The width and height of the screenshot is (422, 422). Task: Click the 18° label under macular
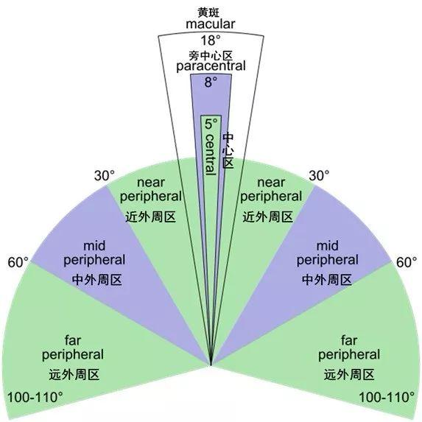coord(211,41)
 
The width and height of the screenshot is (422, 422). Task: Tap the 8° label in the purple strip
coord(211,82)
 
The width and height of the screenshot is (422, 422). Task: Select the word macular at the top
coord(211,24)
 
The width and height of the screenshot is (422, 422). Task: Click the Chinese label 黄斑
coord(208,13)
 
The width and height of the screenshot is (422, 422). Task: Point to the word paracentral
coord(211,66)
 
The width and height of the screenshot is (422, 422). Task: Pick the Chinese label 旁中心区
coord(210,56)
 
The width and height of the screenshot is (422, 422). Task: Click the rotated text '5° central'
coord(211,147)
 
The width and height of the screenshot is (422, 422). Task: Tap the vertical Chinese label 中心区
coord(228,150)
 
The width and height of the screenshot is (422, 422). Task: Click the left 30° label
coord(105,176)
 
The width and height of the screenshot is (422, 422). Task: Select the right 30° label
coord(319,176)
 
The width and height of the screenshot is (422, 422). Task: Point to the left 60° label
coord(18,262)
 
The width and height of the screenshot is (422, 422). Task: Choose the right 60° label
coord(407,262)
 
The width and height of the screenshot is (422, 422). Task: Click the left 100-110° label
coord(35,397)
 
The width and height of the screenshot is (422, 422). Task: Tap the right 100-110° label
coord(387,397)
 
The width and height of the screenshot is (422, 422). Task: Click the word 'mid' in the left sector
coord(94,246)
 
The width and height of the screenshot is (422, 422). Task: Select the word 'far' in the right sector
coord(349,340)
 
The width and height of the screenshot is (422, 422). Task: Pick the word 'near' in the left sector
coord(151,183)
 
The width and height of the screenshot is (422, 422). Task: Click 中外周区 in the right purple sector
coord(327,280)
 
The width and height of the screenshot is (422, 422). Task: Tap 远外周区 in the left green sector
coord(74,375)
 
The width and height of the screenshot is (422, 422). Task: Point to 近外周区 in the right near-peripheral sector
coord(268,217)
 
